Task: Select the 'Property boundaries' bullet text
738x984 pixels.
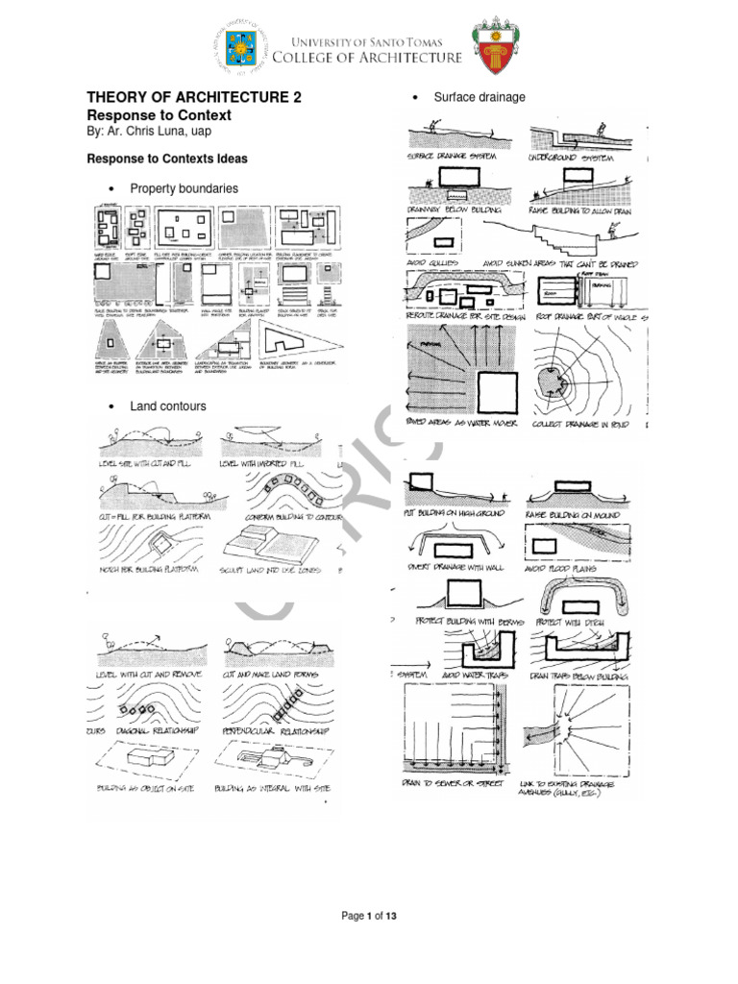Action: (x=184, y=188)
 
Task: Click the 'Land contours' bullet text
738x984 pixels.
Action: (x=168, y=406)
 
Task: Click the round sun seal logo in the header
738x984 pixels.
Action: (x=242, y=47)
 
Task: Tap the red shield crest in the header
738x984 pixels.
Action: (x=493, y=47)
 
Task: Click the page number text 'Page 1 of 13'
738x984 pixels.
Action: (x=369, y=916)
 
